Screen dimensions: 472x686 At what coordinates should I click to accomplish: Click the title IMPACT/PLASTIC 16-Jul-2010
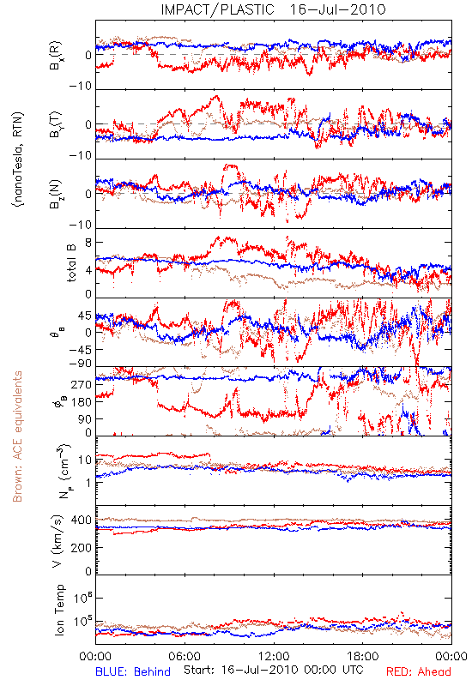pos(273,9)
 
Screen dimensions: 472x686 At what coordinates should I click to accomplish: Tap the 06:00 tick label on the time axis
pos(185,657)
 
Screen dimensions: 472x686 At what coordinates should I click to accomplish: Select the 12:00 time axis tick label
pos(274,657)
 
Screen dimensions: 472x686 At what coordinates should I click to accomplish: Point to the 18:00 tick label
pos(363,657)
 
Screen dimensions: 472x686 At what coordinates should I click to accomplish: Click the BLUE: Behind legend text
pos(133,671)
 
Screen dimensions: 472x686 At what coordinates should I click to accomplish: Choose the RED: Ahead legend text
pos(418,671)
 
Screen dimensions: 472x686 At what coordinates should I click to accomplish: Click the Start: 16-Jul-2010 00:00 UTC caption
pos(273,670)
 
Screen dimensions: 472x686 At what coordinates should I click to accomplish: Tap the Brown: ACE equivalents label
pos(17,436)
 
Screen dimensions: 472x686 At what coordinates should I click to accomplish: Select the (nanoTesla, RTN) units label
pos(18,159)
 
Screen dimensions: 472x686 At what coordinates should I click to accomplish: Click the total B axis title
pos(71,263)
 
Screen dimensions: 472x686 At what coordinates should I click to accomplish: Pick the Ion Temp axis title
pos(59,610)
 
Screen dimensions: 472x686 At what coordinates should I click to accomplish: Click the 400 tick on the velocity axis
pos(82,521)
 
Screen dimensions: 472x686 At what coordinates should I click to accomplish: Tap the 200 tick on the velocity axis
pos(82,547)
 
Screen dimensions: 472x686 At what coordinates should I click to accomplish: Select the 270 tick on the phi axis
pos(82,385)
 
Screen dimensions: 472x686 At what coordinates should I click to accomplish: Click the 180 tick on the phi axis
pos(82,402)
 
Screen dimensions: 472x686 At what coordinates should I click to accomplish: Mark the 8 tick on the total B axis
pos(88,243)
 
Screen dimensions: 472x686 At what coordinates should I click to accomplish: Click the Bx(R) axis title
pos(56,56)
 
